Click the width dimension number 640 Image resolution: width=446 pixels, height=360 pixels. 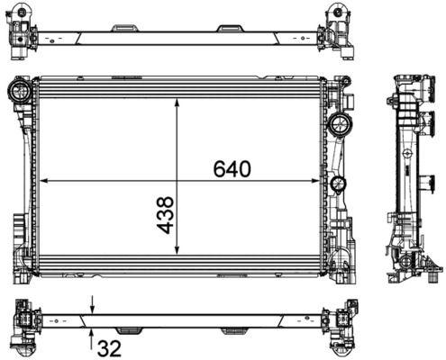pyautogui.click(x=232, y=168)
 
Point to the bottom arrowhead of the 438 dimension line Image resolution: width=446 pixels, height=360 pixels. pyautogui.click(x=177, y=253)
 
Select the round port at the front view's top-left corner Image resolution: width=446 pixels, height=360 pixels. pyautogui.click(x=18, y=90)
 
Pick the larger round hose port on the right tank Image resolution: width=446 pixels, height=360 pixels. pyautogui.click(x=340, y=123)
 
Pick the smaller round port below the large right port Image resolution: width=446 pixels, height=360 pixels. pyautogui.click(x=338, y=185)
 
